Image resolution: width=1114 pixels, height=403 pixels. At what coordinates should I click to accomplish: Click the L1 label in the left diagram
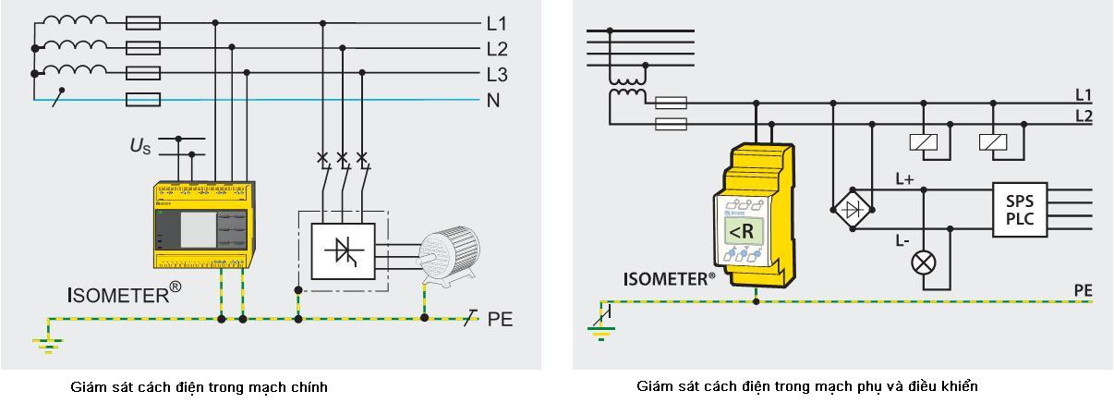(x=497, y=23)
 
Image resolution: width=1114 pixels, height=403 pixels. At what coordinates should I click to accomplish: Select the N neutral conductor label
(x=493, y=100)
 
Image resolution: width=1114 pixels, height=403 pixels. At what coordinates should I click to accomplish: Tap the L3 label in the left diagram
(x=497, y=74)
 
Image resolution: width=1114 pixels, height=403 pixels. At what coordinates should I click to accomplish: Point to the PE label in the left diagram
(x=500, y=320)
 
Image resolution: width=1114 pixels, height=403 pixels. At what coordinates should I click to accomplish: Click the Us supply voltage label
(x=139, y=145)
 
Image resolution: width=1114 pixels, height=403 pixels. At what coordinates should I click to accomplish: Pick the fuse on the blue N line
(x=142, y=99)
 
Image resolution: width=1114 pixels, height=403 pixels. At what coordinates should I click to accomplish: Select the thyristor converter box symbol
(x=343, y=250)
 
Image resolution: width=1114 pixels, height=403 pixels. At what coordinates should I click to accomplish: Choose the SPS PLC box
(x=1020, y=209)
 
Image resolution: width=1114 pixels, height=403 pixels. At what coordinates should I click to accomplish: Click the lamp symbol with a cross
(x=923, y=263)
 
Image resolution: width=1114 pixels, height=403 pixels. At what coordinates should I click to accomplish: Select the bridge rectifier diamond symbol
(x=854, y=208)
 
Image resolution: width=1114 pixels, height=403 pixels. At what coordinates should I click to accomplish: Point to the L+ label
(x=904, y=180)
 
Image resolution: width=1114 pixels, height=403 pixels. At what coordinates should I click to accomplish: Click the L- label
(x=902, y=240)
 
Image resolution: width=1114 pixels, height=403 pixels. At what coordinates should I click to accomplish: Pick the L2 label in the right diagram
(x=1084, y=116)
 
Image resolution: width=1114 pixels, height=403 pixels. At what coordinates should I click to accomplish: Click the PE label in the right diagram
(x=1083, y=291)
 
